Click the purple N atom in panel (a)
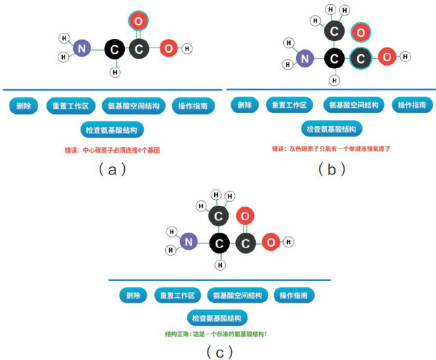coord(82,48)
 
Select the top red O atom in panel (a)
coord(137,21)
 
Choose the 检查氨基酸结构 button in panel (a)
coord(112,129)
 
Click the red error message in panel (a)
coord(112,149)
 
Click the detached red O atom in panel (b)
coord(359,32)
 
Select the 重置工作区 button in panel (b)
coord(289,106)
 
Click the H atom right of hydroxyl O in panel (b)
coord(407,57)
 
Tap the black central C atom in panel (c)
coord(219,242)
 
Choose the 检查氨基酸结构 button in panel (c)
coord(217,318)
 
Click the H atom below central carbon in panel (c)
coord(219,265)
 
